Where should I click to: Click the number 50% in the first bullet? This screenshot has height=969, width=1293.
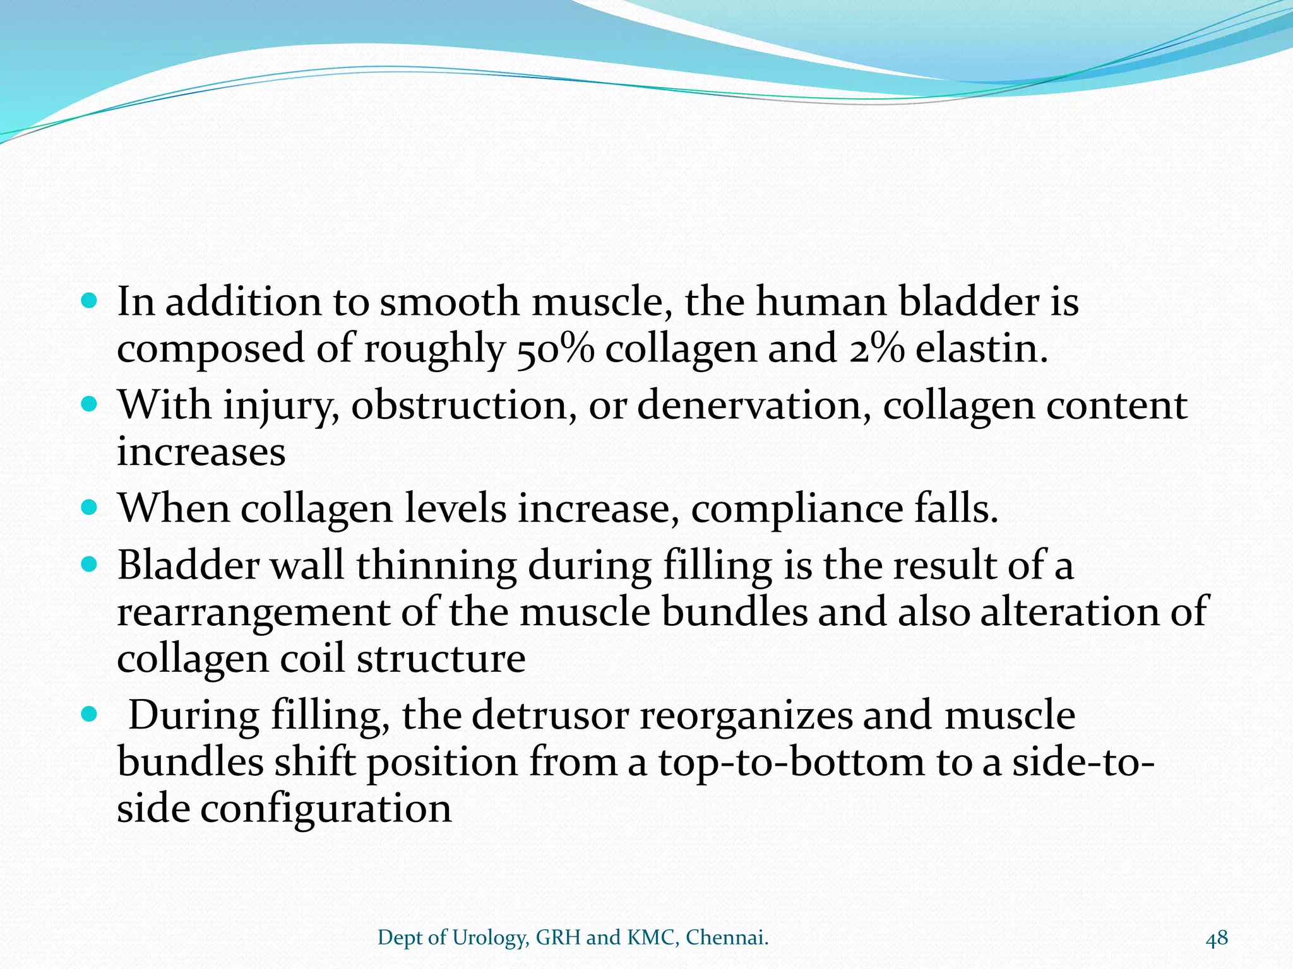pyautogui.click(x=555, y=349)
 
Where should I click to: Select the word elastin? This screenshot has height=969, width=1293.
pyautogui.click(x=982, y=349)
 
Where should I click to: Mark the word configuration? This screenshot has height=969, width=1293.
pyautogui.click(x=326, y=810)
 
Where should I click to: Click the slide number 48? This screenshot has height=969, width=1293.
pyautogui.click(x=1217, y=937)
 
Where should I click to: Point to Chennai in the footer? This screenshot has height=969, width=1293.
pyautogui.click(x=727, y=937)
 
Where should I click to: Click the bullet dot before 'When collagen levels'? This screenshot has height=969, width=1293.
pyautogui.click(x=90, y=507)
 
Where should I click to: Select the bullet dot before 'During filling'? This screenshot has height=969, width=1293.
pyautogui.click(x=90, y=714)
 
